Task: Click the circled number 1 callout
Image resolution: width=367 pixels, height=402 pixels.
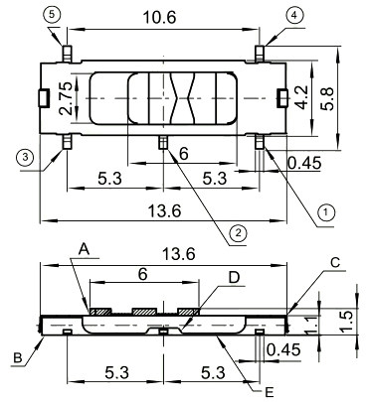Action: click(323, 210)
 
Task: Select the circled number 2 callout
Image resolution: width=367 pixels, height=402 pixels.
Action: click(236, 233)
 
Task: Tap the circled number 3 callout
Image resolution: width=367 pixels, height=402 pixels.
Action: click(23, 157)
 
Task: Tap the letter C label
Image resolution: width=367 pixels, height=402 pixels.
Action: click(335, 262)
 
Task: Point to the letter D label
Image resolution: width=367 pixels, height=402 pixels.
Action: click(234, 277)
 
